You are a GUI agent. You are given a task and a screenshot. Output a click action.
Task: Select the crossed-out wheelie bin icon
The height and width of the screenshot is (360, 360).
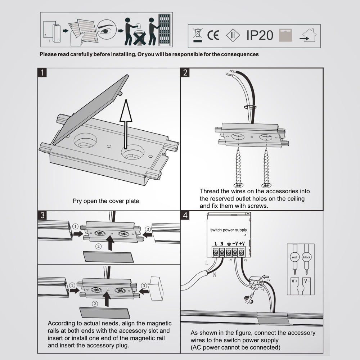197,35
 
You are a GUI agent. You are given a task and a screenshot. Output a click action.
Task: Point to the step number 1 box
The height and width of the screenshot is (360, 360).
42,73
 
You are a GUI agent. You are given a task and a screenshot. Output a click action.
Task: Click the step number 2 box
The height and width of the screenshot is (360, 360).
185,73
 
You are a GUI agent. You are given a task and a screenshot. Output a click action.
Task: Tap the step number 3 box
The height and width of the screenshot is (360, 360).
42,215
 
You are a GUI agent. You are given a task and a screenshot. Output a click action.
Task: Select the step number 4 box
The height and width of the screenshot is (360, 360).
185,215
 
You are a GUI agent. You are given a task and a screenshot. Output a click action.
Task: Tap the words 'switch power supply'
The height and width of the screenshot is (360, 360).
229,230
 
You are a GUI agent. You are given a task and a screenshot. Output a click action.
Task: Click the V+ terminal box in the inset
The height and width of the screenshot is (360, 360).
294,282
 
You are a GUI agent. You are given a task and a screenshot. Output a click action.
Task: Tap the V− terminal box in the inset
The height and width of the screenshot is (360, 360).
307,282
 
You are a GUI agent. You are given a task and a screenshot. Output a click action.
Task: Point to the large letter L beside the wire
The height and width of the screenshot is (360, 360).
207,263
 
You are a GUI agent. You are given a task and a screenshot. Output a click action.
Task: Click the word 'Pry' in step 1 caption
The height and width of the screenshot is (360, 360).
77,201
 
